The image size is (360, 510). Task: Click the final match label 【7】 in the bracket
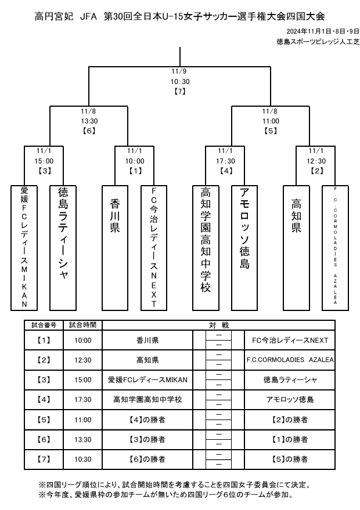click(x=180, y=91)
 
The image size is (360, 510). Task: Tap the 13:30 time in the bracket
click(x=89, y=121)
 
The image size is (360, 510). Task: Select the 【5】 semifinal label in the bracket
click(x=270, y=131)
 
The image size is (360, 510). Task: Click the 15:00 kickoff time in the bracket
click(x=44, y=161)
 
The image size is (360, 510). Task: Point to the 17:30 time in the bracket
click(x=226, y=161)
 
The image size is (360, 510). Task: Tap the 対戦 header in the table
click(x=219, y=325)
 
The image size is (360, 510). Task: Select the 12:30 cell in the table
click(x=83, y=360)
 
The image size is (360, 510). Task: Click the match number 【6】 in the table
click(x=43, y=439)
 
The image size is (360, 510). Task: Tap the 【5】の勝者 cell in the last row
click(x=290, y=459)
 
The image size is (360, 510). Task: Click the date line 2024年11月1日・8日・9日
click(x=323, y=31)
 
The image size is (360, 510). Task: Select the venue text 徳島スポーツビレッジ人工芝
click(x=318, y=42)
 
